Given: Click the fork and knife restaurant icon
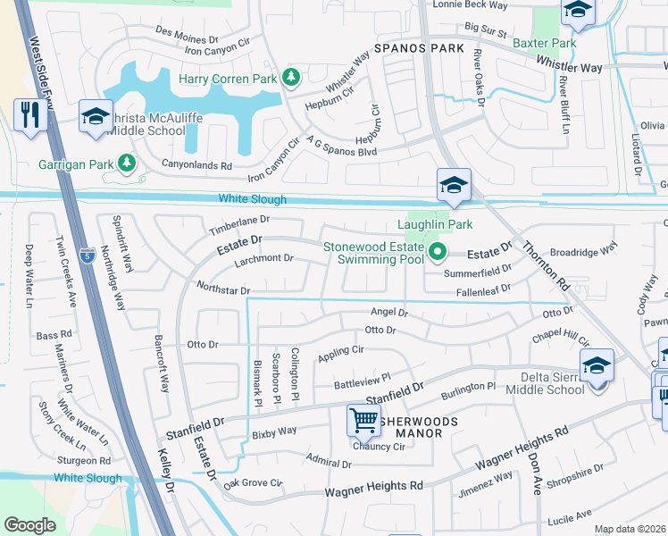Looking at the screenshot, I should pyautogui.click(x=29, y=116).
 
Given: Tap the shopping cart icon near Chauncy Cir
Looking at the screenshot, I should pyautogui.click(x=363, y=418).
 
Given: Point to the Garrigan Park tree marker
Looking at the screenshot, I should pyautogui.click(x=127, y=163).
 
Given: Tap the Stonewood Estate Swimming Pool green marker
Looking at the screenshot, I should pyautogui.click(x=437, y=253).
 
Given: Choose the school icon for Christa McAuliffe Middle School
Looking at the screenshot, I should pyautogui.click(x=96, y=116).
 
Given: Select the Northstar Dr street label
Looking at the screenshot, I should pyautogui.click(x=222, y=289).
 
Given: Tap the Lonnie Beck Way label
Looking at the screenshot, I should pyautogui.click(x=470, y=5).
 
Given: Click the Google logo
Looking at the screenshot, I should pyautogui.click(x=29, y=525).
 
